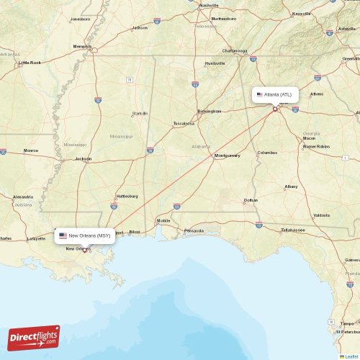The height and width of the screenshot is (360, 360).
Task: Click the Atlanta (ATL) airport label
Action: (x=275, y=94)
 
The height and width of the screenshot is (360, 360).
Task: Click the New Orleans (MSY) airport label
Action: (x=85, y=235)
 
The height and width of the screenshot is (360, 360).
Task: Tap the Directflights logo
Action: (x=34, y=337)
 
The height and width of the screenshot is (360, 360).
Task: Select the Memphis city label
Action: (x=82, y=47)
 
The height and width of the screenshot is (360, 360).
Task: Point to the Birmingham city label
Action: (x=210, y=112)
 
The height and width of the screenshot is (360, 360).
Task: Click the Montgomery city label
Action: (x=228, y=156)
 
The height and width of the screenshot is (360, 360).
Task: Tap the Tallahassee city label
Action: (x=293, y=230)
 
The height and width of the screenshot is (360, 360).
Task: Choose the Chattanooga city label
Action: (x=235, y=51)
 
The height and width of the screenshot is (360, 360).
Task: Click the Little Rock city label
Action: (x=30, y=63)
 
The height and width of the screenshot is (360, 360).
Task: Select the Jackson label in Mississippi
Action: (x=84, y=158)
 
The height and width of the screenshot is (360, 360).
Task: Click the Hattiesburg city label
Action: (x=127, y=196)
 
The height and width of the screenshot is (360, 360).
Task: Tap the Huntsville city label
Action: (x=215, y=63)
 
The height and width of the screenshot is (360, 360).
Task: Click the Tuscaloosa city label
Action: (x=183, y=123)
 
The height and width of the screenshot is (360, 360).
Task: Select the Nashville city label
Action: (x=209, y=5)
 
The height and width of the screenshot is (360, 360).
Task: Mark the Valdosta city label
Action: (x=322, y=215)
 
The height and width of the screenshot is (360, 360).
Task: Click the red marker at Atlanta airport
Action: (x=275, y=109)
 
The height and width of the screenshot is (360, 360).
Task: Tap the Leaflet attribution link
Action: (x=351, y=356)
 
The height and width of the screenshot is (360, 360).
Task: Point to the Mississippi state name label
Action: (x=121, y=135)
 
